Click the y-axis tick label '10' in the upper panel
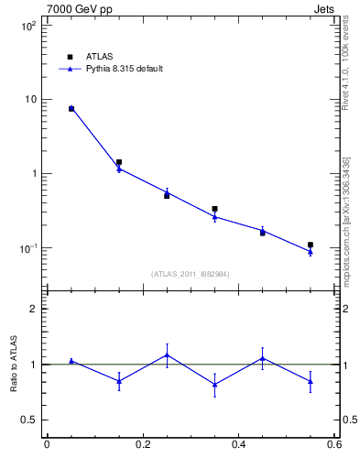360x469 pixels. point(29,99)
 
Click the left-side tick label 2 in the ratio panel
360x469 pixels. point(34,310)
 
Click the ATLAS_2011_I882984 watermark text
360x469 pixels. point(191,274)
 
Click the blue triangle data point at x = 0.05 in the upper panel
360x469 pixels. point(71,108)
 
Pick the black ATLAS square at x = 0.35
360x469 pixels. point(214,209)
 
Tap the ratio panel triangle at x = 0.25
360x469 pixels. point(167,354)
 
